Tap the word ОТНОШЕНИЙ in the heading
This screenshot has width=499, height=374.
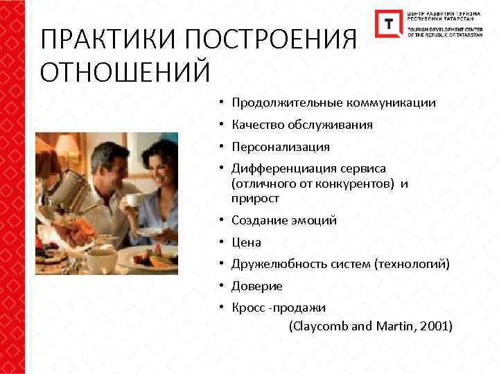[x=125, y=71]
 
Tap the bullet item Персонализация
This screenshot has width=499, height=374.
[x=281, y=148]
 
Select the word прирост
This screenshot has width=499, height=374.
[x=256, y=199]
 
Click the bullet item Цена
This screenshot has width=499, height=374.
[x=246, y=242]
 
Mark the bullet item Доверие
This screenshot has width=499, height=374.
[x=257, y=286]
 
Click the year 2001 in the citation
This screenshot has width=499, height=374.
[x=433, y=326]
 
